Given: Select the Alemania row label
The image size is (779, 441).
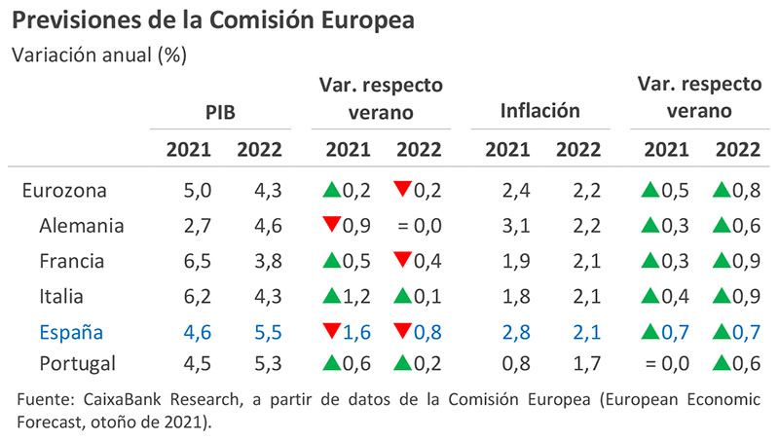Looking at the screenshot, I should (82, 226).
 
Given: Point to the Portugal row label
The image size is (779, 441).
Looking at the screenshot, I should (79, 365).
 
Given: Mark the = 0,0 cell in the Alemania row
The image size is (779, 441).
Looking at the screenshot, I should (415, 226).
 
